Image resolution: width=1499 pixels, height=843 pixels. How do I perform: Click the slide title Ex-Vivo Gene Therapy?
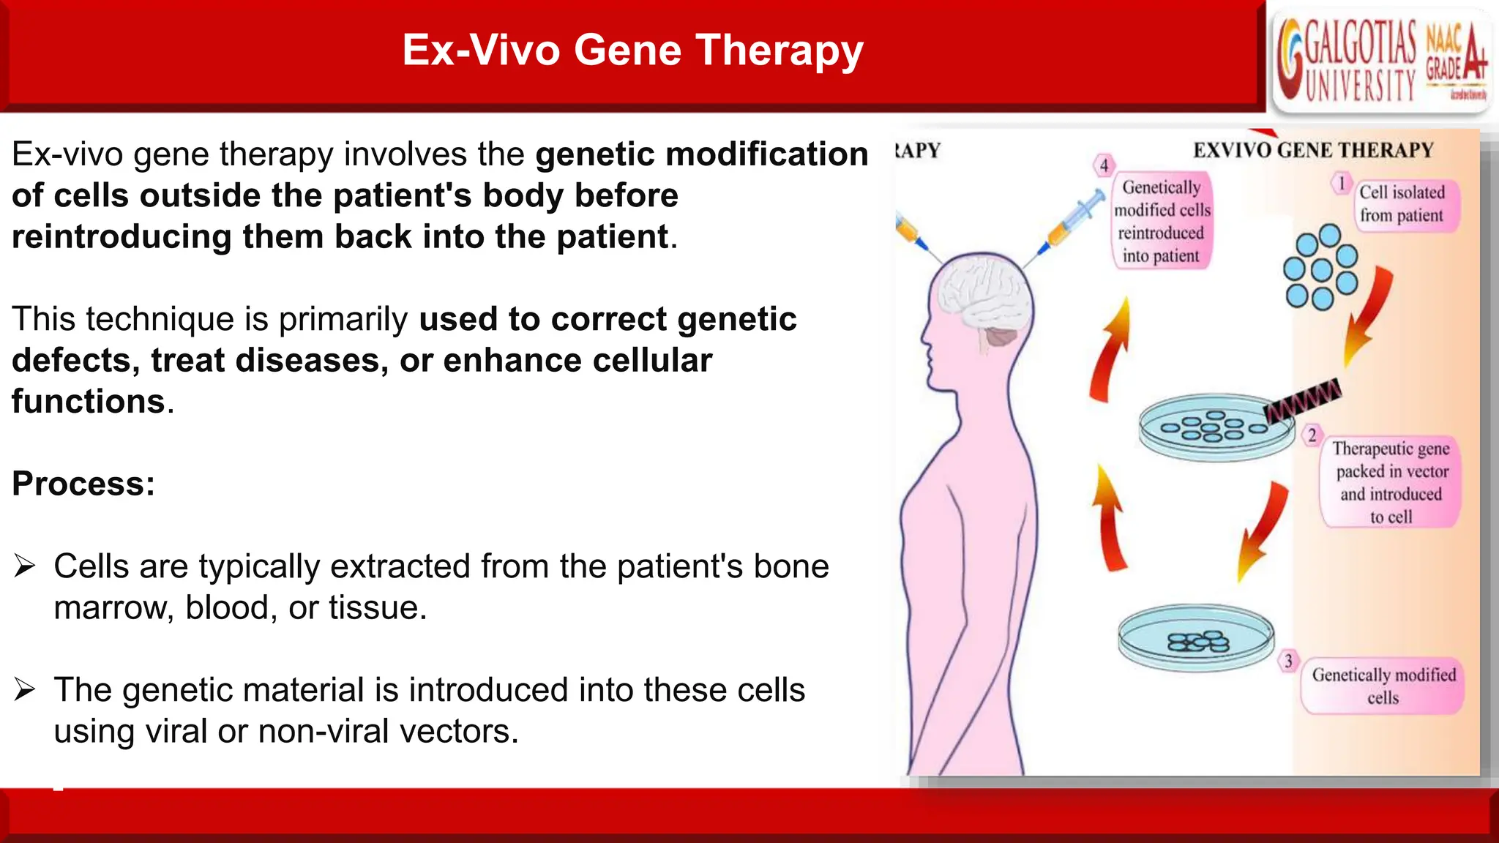632,50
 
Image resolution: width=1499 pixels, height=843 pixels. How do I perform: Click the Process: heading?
83,484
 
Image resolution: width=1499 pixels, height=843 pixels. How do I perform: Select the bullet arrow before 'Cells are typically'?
25,566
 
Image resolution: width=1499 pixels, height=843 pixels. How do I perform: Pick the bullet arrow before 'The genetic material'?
25,689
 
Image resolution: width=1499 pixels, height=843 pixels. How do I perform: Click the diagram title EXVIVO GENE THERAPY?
1313,150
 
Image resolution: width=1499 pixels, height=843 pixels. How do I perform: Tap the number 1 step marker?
1341,183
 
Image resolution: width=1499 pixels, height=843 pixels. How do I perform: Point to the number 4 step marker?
1104,165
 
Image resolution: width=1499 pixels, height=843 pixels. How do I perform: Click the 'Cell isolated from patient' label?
1402,204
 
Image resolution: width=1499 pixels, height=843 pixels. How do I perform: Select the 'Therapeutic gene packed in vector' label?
1391,482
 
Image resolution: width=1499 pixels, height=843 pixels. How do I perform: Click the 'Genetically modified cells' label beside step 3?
1383,686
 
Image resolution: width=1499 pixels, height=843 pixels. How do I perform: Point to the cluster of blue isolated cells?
1321,268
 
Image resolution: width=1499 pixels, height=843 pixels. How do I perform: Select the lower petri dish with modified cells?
1196,638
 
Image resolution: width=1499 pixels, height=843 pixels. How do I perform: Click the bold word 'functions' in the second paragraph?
89,402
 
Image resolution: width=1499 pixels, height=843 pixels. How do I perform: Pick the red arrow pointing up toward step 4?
1110,350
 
